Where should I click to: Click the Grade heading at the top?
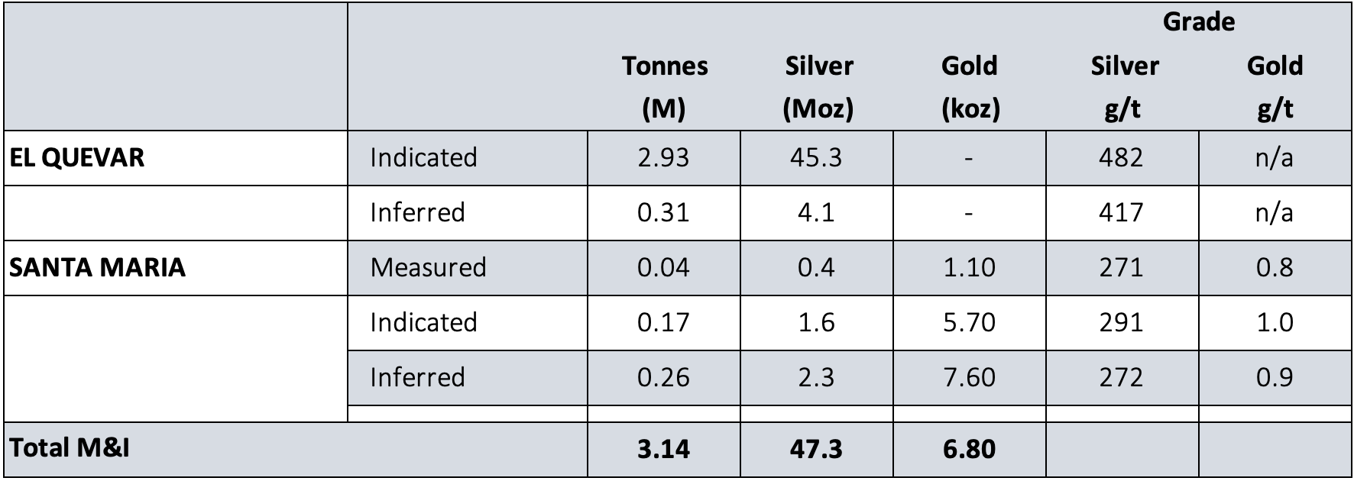pyautogui.click(x=1198, y=21)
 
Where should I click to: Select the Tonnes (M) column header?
pyautogui.click(x=664, y=87)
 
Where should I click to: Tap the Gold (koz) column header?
pyautogui.click(x=969, y=87)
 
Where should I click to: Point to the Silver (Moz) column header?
pyautogui.click(x=818, y=87)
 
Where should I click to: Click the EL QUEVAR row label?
pyautogui.click(x=76, y=157)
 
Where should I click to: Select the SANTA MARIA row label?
pyautogui.click(x=97, y=267)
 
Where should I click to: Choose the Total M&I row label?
pyautogui.click(x=69, y=447)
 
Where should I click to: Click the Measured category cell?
pyautogui.click(x=428, y=267)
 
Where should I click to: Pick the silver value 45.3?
pyautogui.click(x=816, y=157)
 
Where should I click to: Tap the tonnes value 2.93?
pyautogui.click(x=663, y=157)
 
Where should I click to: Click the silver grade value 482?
pyautogui.click(x=1121, y=157)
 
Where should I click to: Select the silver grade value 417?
pyautogui.click(x=1121, y=212)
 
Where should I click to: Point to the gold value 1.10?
pyautogui.click(x=969, y=267)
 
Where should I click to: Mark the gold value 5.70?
pyautogui.click(x=969, y=322)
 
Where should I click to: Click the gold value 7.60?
pyautogui.click(x=969, y=377)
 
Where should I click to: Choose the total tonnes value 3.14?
pyautogui.click(x=663, y=449)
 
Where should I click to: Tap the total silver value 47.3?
pyautogui.click(x=816, y=449)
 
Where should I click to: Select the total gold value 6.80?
pyautogui.click(x=969, y=449)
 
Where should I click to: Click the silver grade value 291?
pyautogui.click(x=1121, y=322)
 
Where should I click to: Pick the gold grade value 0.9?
pyautogui.click(x=1275, y=377)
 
